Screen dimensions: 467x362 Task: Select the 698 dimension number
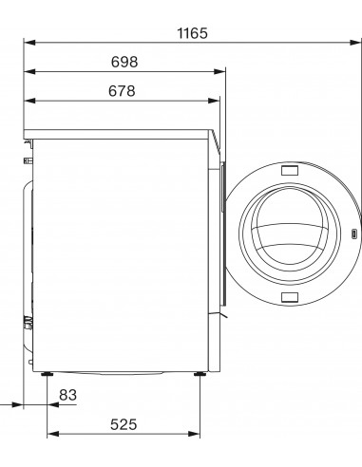pos(124,62)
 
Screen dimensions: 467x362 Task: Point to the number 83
pos(67,394)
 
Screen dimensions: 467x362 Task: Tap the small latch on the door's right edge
pos(353,233)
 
